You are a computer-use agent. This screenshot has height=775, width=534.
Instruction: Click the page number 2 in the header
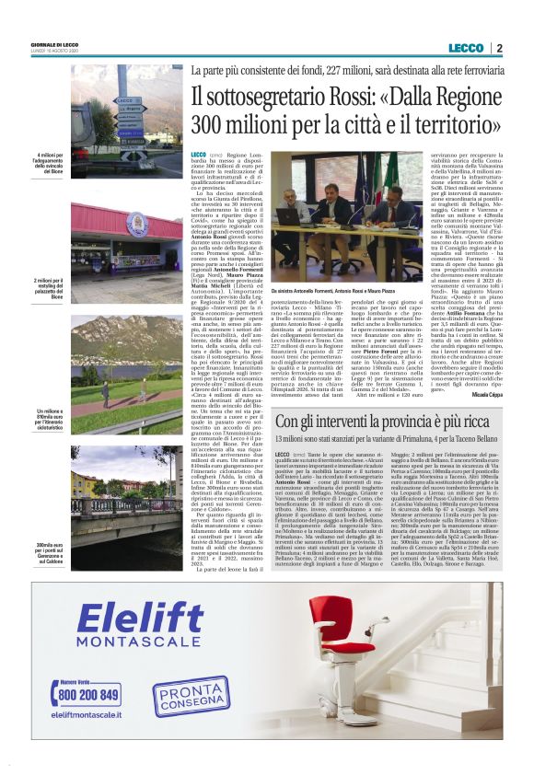[x=498, y=48]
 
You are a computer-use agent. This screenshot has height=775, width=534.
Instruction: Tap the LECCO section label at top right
[x=465, y=48]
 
